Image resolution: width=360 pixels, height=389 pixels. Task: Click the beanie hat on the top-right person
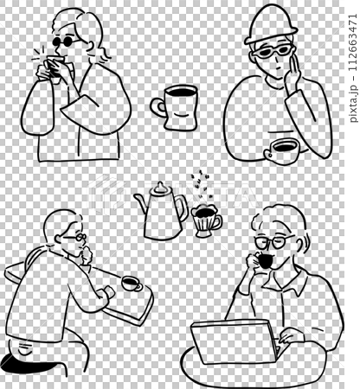click(270, 26)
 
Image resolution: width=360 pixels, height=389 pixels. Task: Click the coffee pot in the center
click(162, 216)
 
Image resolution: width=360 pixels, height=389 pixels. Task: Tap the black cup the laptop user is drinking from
click(264, 261)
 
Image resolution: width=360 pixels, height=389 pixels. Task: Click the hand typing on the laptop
click(292, 338)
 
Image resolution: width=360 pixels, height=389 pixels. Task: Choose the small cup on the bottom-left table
click(130, 283)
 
